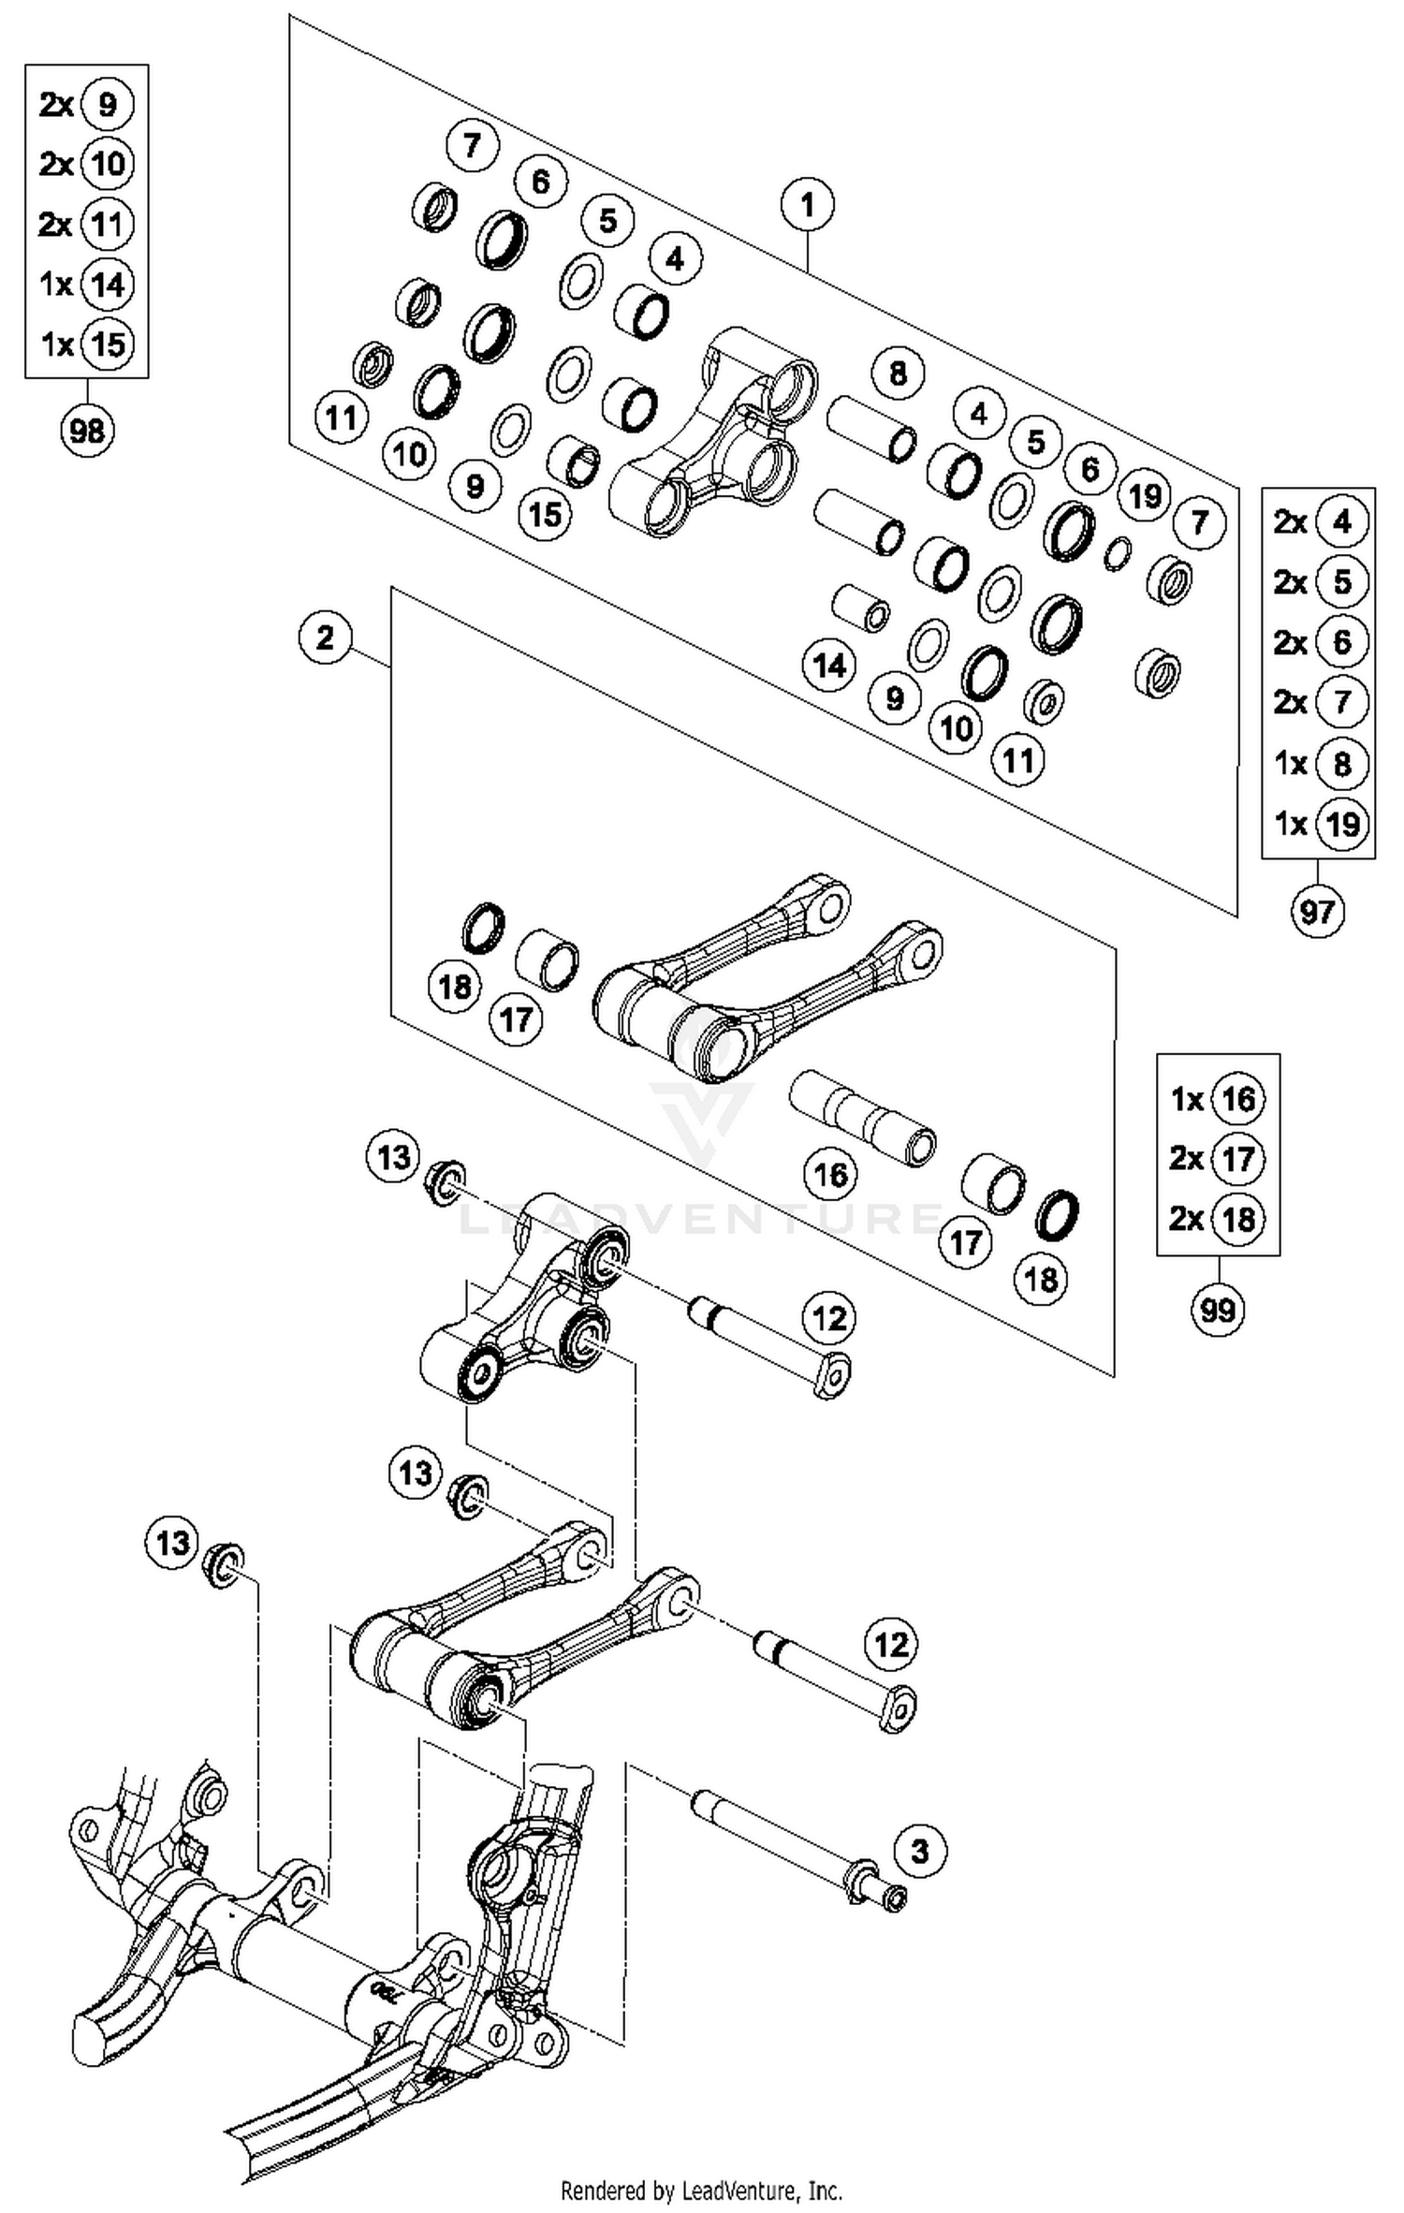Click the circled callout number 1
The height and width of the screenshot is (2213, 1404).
coord(807,204)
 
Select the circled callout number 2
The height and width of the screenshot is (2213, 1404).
coord(325,638)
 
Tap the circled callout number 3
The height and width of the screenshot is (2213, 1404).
coord(919,1851)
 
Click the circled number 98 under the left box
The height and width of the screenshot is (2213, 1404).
coord(87,432)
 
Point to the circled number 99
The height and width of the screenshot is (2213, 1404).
coord(1218,1309)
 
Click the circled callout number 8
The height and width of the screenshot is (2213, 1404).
coord(898,373)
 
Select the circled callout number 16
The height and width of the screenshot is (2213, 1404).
coord(831,1174)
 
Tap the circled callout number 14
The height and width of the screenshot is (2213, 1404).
coord(829,666)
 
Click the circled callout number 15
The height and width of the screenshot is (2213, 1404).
coord(546,513)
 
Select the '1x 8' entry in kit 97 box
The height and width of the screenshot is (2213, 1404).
coord(1320,764)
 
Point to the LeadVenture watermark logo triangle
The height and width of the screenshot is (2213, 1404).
coord(702,1119)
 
